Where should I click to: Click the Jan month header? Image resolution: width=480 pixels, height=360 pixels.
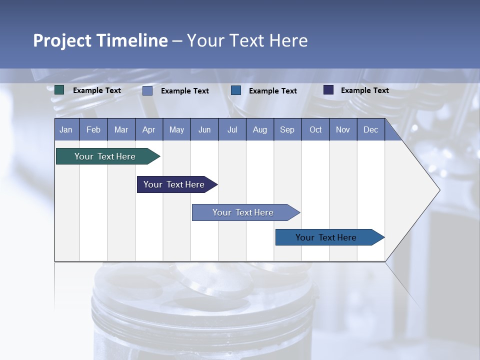point(66,129)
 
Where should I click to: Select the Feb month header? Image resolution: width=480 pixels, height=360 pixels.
point(93,129)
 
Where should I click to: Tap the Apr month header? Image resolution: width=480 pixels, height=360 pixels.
point(149,129)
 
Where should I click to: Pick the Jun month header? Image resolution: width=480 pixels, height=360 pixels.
point(204,129)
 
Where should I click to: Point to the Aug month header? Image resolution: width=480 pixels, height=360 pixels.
point(260,129)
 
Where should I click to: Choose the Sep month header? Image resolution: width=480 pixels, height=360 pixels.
point(287,129)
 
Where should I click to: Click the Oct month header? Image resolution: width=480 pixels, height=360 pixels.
point(315,129)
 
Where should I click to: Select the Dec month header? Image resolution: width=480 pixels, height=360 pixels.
point(371,129)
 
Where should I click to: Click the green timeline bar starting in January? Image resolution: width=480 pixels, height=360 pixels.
point(105,156)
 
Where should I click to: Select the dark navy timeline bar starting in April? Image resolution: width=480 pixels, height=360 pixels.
point(174,184)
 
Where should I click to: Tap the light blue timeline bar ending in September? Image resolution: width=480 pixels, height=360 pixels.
point(243,212)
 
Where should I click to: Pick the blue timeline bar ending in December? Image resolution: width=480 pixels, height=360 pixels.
point(326,237)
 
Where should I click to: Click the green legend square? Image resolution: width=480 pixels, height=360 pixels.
point(59,90)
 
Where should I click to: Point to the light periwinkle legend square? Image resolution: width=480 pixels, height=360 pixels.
point(147,90)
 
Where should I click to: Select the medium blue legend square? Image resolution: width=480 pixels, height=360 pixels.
point(236,90)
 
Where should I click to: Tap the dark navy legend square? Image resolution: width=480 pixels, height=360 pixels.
point(328,90)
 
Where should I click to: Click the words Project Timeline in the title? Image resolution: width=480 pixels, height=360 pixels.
point(100,40)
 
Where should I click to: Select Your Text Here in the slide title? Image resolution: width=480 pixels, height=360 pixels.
point(247,40)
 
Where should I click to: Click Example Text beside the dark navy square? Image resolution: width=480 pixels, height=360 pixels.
point(365,90)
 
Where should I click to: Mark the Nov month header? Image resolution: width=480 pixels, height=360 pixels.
point(343,129)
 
